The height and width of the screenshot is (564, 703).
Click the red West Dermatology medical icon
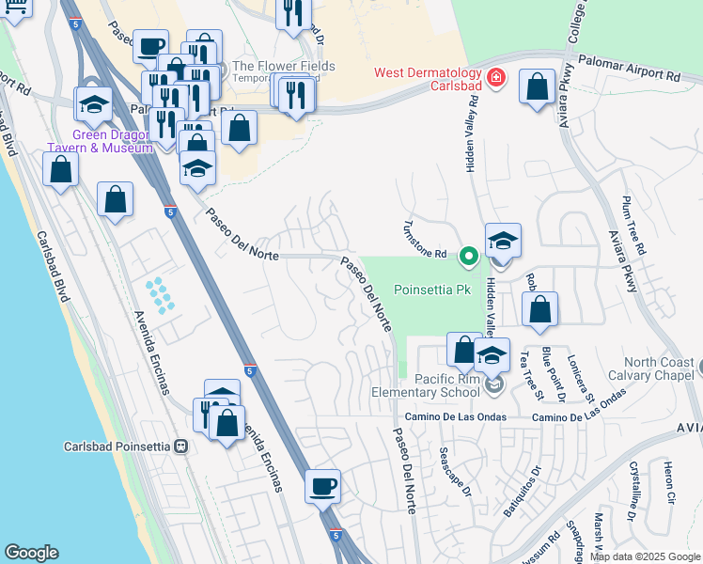coord(495,78)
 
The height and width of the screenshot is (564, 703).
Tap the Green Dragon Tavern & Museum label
coord(100,141)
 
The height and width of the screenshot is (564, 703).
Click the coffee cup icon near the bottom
coord(322,487)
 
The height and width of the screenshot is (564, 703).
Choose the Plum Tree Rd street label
coord(633,226)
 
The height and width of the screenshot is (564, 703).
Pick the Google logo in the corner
coord(32,553)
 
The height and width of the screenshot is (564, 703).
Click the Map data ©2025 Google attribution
coord(644,556)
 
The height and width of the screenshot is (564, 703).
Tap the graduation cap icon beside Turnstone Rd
coord(503,241)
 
